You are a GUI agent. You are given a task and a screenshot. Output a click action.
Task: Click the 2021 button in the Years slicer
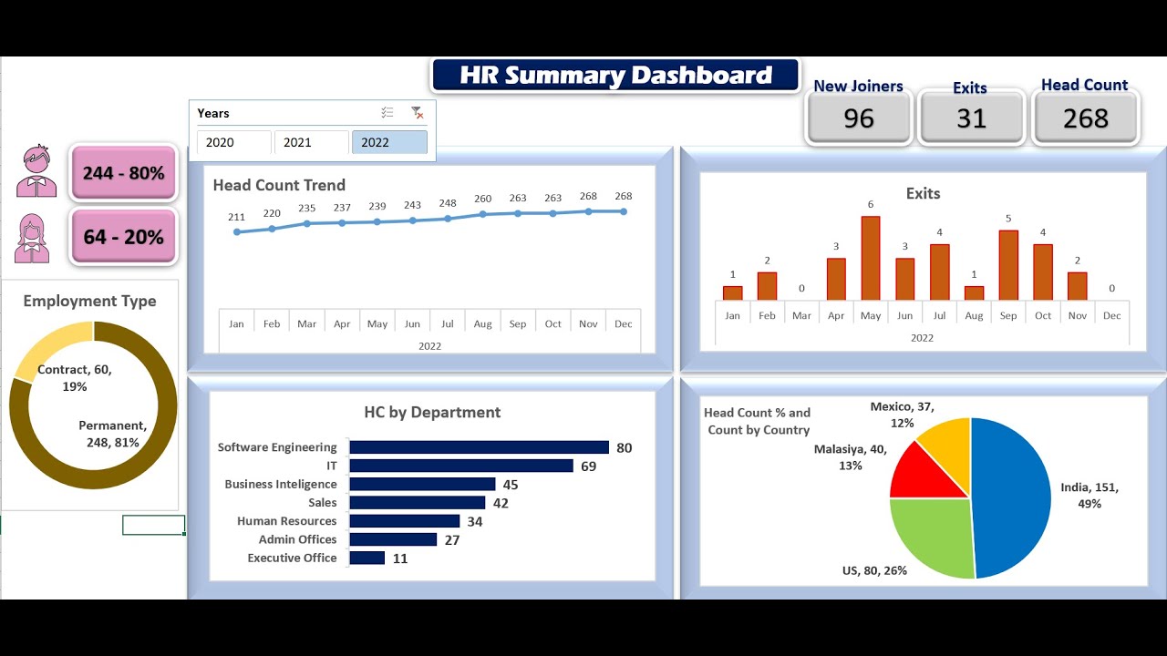(x=311, y=142)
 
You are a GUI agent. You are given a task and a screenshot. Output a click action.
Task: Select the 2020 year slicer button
(x=233, y=142)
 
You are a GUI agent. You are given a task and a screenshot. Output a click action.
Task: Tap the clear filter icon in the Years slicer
(x=417, y=113)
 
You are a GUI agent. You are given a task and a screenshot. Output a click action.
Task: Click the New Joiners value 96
(x=858, y=118)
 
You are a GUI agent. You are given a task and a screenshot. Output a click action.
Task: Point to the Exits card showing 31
(x=971, y=118)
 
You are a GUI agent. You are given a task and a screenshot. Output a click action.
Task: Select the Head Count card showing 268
(x=1085, y=118)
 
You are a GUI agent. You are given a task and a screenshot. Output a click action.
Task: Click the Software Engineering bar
(x=479, y=447)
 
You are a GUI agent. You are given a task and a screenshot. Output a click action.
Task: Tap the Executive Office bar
(x=367, y=558)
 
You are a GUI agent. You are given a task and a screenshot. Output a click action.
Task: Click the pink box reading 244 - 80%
(x=123, y=173)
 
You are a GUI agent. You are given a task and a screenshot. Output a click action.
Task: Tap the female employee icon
(x=33, y=238)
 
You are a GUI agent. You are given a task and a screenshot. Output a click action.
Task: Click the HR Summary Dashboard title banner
(x=615, y=75)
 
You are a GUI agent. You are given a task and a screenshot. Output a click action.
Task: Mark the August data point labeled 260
(x=482, y=214)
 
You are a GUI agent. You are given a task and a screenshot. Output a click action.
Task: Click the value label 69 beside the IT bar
(x=588, y=466)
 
